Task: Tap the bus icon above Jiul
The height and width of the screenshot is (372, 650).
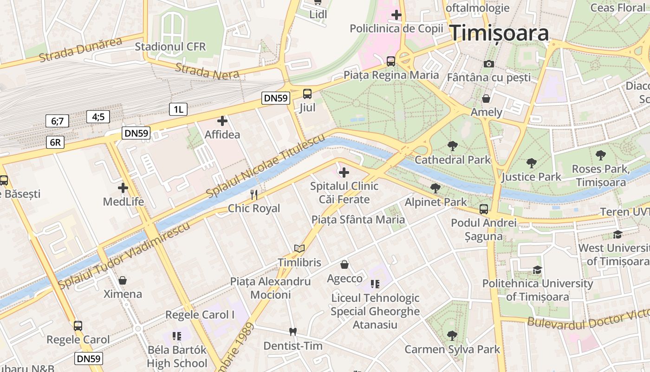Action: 307,94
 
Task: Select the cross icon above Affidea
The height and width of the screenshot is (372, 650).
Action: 222,121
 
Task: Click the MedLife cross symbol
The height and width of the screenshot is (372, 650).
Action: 123,188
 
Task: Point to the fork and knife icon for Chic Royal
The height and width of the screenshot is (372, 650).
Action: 254,194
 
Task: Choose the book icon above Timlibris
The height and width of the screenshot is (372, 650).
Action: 299,249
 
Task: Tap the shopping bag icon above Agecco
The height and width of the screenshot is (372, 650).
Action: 344,265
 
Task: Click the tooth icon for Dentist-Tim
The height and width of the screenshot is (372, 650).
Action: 292,332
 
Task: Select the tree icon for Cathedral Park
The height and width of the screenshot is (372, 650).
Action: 452,146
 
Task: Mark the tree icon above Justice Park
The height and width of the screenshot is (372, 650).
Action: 531,163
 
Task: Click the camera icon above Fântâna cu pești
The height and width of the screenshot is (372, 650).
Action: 488,64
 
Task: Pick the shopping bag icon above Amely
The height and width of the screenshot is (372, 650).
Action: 486,99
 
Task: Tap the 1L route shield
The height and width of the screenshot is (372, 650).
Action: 178,110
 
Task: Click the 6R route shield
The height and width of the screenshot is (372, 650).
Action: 55,142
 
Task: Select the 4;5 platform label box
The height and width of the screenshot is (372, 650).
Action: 98,117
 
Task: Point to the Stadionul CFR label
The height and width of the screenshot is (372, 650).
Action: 170,47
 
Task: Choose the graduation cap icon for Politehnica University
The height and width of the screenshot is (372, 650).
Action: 537,270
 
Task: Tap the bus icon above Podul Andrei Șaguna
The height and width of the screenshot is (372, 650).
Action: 484,209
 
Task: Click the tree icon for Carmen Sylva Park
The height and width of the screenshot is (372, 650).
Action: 452,335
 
